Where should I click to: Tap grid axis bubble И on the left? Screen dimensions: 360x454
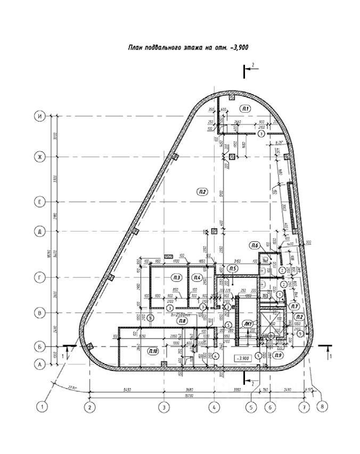[x=39, y=117]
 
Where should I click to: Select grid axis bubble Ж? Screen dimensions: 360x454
[x=39, y=157]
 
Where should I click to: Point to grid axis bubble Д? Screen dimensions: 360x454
[x=39, y=232]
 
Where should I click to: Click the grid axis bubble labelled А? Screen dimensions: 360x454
[x=39, y=365]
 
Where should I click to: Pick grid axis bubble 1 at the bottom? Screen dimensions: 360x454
[x=42, y=407]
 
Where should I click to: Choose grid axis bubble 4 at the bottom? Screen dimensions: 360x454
[x=214, y=407]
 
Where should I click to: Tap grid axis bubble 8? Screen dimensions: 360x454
[x=321, y=407]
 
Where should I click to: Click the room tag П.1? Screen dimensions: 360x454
[x=246, y=109]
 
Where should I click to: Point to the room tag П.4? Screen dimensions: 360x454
[x=197, y=277]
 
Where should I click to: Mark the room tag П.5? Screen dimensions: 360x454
[x=232, y=269]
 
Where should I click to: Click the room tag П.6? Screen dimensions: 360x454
[x=255, y=245]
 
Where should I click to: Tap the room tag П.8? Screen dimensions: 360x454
[x=183, y=321]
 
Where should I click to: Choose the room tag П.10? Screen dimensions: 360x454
[x=153, y=350]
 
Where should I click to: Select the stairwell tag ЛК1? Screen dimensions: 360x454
[x=248, y=324]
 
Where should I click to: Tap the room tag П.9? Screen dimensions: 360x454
[x=280, y=355]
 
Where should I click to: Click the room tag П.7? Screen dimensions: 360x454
[x=294, y=307]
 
